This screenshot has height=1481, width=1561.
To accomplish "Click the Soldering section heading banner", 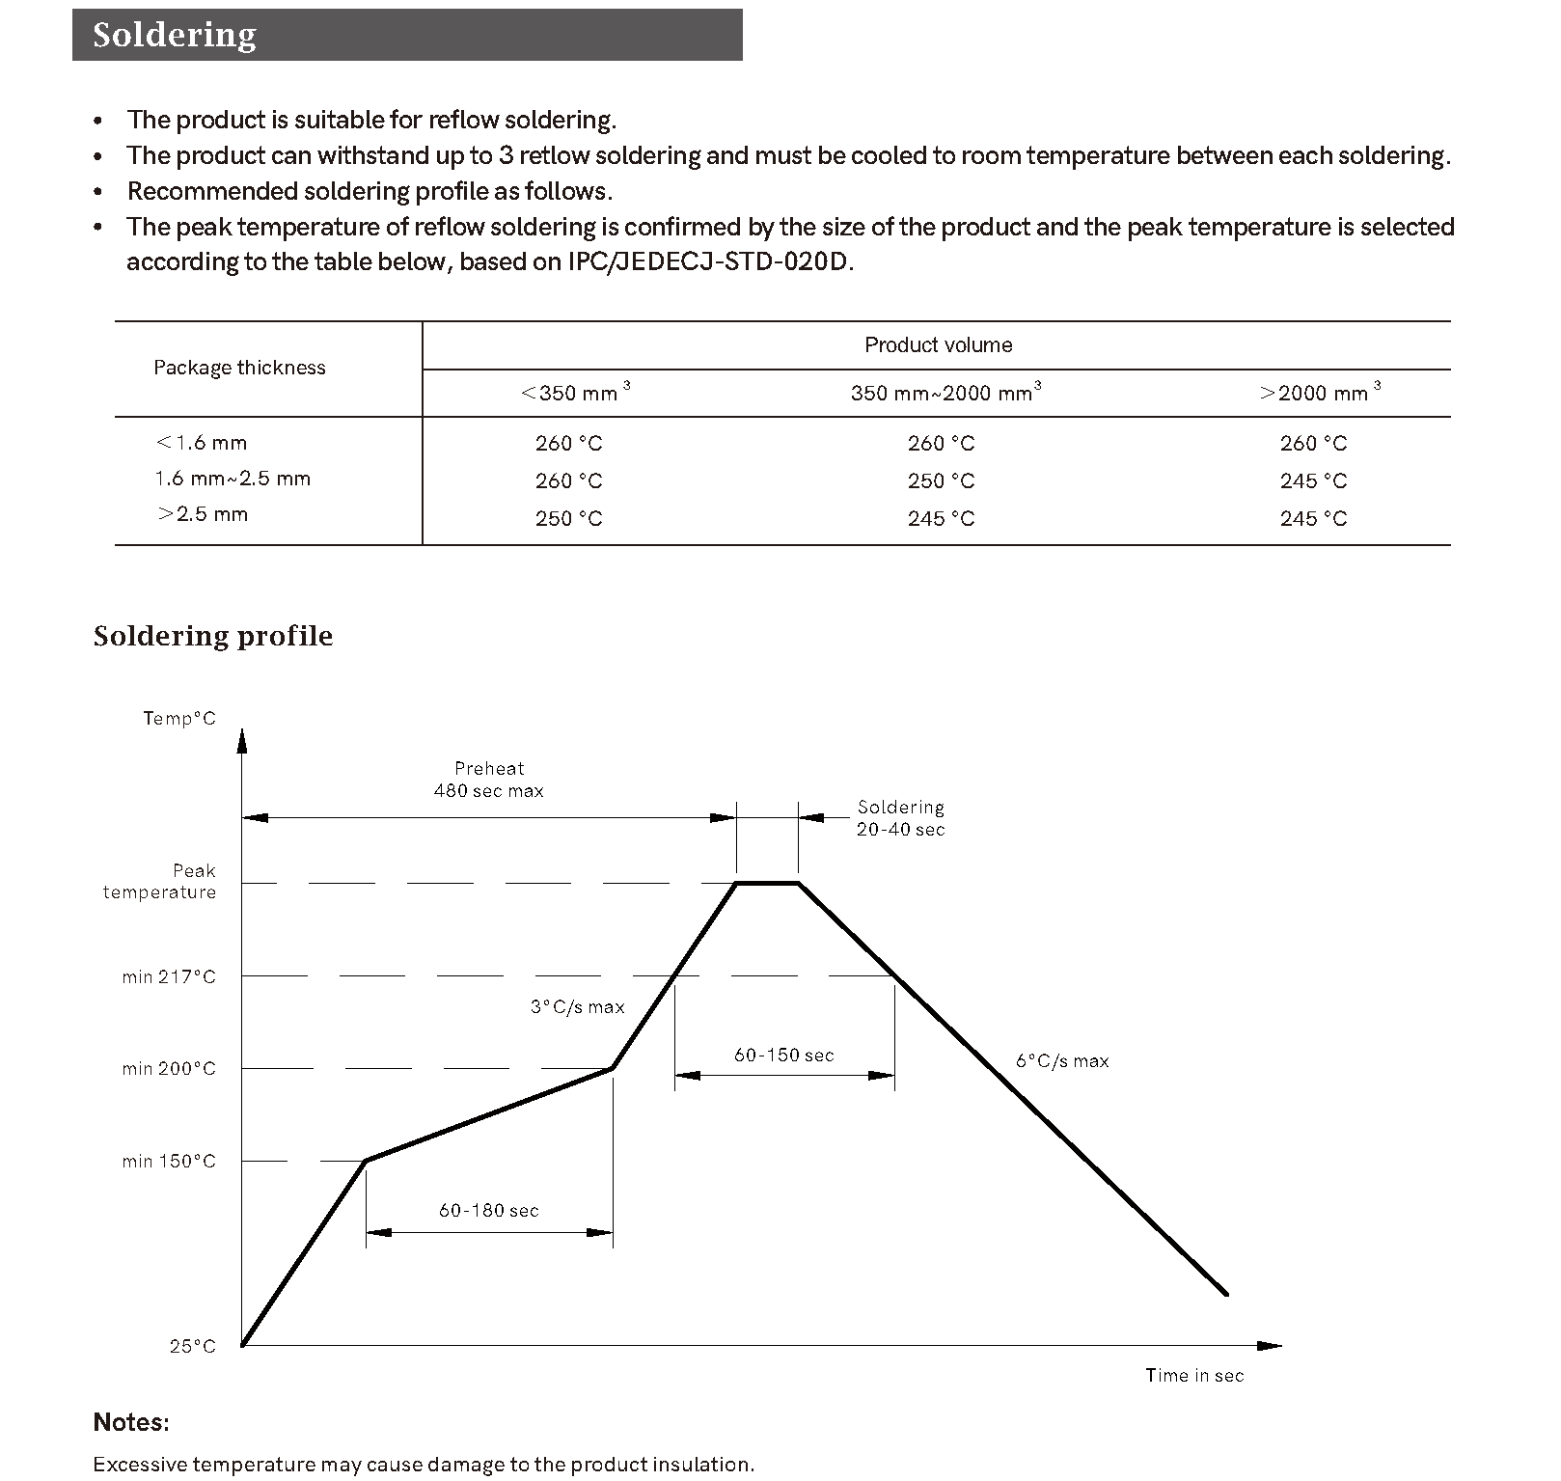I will [406, 35].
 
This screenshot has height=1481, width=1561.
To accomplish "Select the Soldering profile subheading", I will [212, 636].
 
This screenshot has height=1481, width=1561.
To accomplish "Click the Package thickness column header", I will [239, 368].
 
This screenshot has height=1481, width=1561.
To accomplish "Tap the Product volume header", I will [938, 345].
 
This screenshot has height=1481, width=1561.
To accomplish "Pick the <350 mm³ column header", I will [574, 393].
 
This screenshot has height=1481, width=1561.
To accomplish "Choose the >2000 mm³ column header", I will [1319, 393].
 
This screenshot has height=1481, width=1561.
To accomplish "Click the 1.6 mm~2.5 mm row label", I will [233, 479].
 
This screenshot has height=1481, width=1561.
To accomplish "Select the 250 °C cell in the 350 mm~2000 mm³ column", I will [941, 480].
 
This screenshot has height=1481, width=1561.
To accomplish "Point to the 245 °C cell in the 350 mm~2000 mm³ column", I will [941, 519].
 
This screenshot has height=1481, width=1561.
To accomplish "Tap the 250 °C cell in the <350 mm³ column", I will [568, 519].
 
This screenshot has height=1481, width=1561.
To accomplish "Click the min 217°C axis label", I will [169, 977].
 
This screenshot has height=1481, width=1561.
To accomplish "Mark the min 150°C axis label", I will [169, 1162].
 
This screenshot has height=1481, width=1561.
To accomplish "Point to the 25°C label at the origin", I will [193, 1346].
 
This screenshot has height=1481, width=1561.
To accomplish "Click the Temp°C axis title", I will [179, 719].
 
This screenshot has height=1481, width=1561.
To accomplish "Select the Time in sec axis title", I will [1194, 1376].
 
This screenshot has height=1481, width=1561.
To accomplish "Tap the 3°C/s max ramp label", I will [577, 1007].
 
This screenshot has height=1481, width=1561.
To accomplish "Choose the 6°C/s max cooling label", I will [1062, 1061].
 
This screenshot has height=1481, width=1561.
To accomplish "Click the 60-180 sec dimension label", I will [488, 1211].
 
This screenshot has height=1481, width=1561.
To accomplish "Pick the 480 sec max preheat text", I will [488, 791].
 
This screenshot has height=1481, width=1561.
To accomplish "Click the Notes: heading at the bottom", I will [131, 1422].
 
